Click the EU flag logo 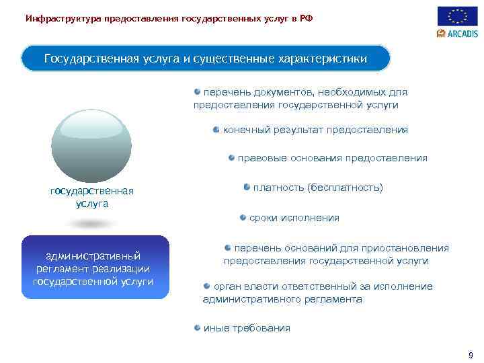[x=457, y=16]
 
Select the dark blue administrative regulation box [x=93, y=268]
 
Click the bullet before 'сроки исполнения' [x=243, y=217]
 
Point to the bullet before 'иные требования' [x=198, y=327]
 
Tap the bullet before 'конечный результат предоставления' [x=216, y=129]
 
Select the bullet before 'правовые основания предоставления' [x=231, y=158]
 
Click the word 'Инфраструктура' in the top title [x=63, y=18]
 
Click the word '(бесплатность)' [x=345, y=188]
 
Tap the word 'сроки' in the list [x=263, y=218]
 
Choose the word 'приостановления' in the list [x=410, y=248]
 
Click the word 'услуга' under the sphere [x=92, y=203]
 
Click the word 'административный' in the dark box [x=93, y=255]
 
